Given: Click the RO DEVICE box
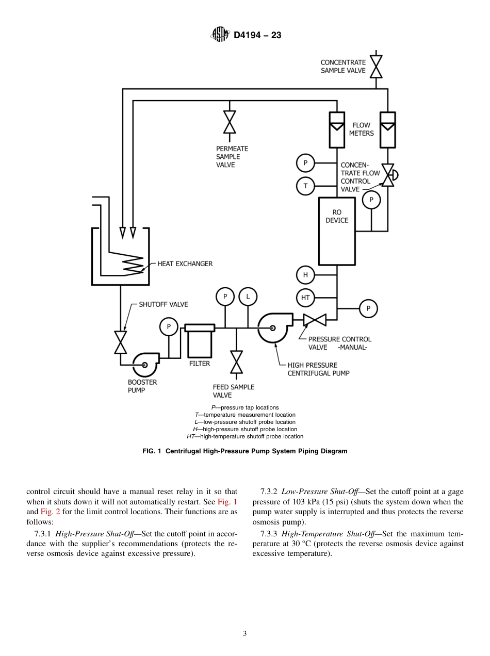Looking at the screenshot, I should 337,231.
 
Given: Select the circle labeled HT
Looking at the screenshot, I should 305,298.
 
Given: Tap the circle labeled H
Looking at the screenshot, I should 305,275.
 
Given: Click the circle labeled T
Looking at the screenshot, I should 305,186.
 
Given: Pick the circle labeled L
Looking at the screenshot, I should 248,296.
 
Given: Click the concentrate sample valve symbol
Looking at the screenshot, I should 377,67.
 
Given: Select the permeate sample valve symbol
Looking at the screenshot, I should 230,122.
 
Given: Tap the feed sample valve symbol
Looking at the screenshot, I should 236,362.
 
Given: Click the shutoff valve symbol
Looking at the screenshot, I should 121,342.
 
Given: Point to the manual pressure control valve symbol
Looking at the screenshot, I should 315,320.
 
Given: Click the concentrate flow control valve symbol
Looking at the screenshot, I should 388,175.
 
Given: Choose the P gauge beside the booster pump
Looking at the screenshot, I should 169,326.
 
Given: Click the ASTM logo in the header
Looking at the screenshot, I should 220,35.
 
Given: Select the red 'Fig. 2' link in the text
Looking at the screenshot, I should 50,512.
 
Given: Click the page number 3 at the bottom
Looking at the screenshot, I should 245,634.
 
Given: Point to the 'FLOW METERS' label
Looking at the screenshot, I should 361,129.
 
